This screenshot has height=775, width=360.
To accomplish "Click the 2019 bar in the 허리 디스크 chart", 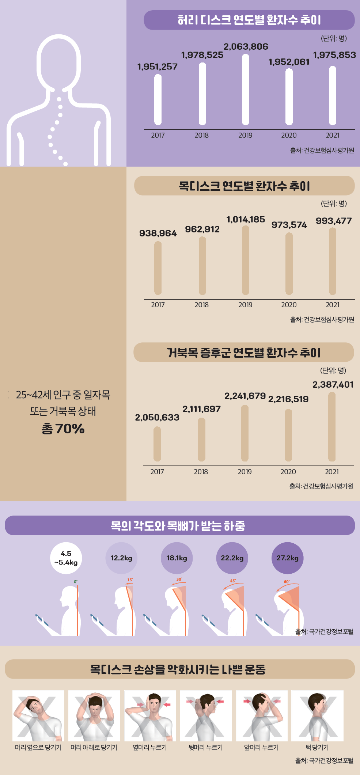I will pyautogui.click(x=246, y=90).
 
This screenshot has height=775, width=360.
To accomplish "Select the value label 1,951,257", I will pyautogui.click(x=157, y=67).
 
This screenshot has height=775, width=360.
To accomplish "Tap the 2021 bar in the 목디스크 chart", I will pyautogui.click(x=333, y=261).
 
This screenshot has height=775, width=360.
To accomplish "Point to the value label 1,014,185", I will pyautogui.click(x=246, y=220).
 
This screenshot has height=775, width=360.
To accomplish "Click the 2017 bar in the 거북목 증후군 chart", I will pyautogui.click(x=157, y=444).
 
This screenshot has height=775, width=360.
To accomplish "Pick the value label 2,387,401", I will pyautogui.click(x=333, y=385).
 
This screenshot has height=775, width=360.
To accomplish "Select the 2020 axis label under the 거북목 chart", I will pyautogui.click(x=288, y=472).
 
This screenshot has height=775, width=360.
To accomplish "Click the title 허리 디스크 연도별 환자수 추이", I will pyautogui.click(x=249, y=20).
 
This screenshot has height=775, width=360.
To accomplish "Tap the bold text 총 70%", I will pyautogui.click(x=63, y=429).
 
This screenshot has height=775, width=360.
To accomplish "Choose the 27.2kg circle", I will pyautogui.click(x=288, y=558).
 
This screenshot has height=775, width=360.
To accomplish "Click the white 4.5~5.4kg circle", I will pyautogui.click(x=66, y=558).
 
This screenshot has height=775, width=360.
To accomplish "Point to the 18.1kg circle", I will pyautogui.click(x=177, y=558).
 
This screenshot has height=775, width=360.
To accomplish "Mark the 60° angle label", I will pyautogui.click(x=287, y=582).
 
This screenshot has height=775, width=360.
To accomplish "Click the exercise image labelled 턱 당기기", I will pyautogui.click(x=317, y=716).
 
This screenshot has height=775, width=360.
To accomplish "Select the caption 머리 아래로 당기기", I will pyautogui.click(x=94, y=748).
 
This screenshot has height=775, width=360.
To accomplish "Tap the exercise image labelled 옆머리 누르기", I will pyautogui.click(x=150, y=716).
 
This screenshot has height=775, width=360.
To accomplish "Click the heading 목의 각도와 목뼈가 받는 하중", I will pyautogui.click(x=178, y=526).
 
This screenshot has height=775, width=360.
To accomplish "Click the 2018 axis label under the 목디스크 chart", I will pyautogui.click(x=201, y=305).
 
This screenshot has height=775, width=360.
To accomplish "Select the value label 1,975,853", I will pyautogui.click(x=334, y=55).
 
